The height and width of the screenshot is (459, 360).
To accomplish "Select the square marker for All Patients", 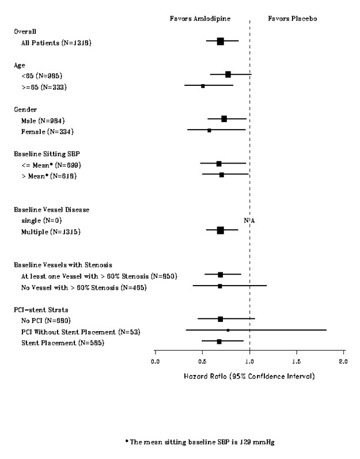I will point(220,41).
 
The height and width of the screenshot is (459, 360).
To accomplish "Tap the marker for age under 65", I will point(228,74).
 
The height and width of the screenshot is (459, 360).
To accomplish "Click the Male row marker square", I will point(224,119).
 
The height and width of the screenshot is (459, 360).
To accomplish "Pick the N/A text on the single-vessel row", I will point(249,220).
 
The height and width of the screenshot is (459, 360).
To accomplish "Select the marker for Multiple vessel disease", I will point(220,230).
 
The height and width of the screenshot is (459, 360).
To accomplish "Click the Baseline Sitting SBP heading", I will point(51,153).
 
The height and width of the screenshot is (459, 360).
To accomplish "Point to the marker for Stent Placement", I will point(219,342).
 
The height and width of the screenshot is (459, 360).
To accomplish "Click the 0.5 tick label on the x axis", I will point(202,361).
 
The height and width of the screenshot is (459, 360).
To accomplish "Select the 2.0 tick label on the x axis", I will point(343,361).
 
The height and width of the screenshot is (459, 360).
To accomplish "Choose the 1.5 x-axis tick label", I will point(297,361).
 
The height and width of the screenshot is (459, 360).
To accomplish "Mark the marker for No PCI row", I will point(220,318).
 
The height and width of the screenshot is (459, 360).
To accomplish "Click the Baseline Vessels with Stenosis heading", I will point(67,264).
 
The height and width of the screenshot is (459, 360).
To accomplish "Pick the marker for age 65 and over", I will point(203,86).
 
